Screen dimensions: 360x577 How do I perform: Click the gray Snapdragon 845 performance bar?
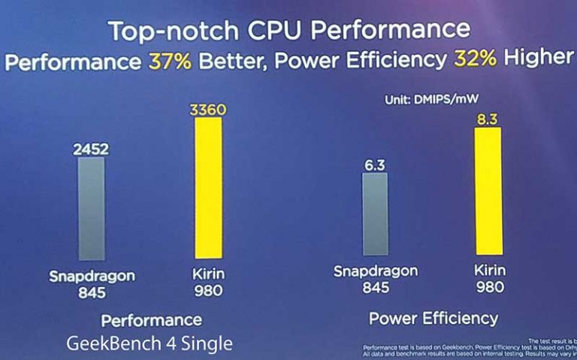tap(92, 208)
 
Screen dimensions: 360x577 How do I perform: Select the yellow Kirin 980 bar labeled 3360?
tap(208, 188)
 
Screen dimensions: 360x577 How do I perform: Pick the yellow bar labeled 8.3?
tap(488, 191)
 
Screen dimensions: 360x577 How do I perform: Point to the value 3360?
tap(208, 111)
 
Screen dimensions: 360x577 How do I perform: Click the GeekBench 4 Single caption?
tap(150, 343)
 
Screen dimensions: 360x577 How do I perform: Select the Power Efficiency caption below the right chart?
tap(434, 318)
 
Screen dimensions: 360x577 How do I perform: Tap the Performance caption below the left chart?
tap(152, 320)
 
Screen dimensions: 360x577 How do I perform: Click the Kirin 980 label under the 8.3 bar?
tap(489, 278)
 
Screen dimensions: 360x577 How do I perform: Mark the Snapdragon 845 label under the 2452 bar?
tap(92, 283)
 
